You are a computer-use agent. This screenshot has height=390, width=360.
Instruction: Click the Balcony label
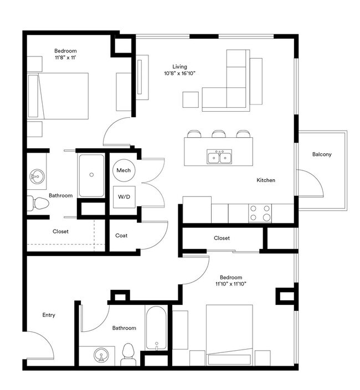[x=321, y=154]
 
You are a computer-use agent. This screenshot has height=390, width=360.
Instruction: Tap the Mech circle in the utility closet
[x=124, y=170]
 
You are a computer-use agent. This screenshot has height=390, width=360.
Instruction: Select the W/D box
[x=124, y=196]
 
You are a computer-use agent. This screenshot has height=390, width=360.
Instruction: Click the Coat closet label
[x=121, y=236]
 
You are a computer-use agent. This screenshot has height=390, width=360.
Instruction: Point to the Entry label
[x=49, y=315]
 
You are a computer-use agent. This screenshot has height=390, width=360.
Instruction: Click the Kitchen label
[x=266, y=180]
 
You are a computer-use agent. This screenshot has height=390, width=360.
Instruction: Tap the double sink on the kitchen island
[x=219, y=158]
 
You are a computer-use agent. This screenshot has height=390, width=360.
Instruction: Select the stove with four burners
[x=260, y=212]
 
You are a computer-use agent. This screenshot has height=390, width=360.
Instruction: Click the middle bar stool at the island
[x=218, y=133]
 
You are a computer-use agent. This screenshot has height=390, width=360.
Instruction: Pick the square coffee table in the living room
[x=191, y=100]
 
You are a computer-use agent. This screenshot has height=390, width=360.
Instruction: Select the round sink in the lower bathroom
[x=101, y=354]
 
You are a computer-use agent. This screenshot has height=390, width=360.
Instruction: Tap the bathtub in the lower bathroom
[x=156, y=328]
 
